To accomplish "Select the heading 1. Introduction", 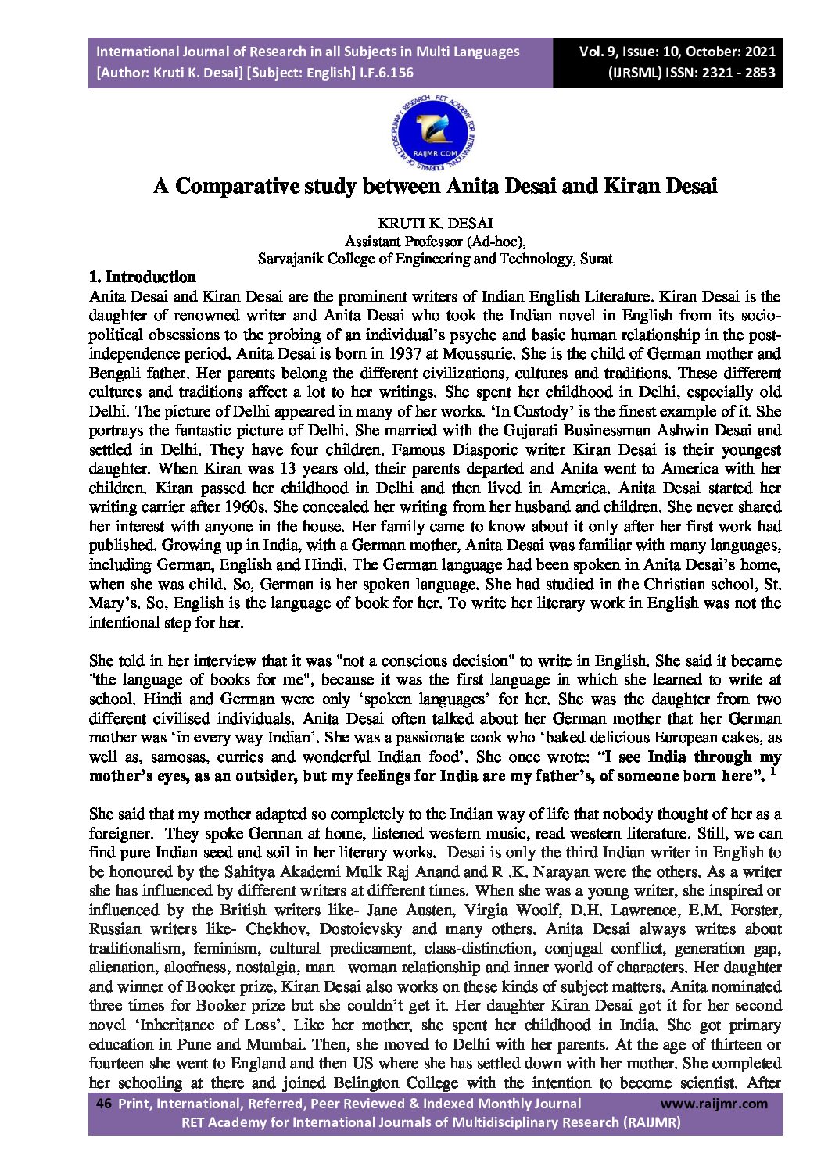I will click(142, 277).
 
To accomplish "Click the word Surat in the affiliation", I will click(596, 259).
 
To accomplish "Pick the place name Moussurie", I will click(475, 354).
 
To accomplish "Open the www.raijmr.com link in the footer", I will click(714, 1104).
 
